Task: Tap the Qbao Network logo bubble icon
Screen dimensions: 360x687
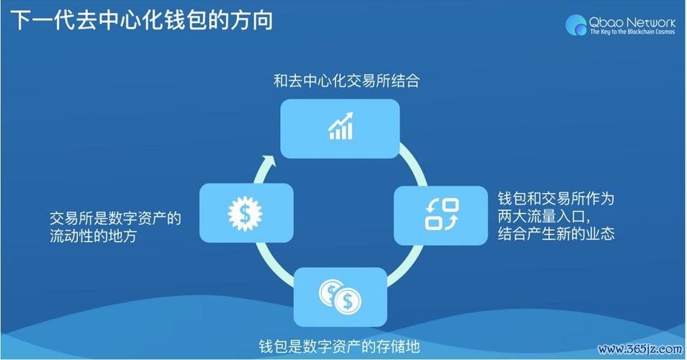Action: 576,25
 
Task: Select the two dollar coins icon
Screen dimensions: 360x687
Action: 340,295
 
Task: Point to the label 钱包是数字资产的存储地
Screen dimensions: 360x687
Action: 338,344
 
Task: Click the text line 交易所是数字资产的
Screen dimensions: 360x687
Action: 114,218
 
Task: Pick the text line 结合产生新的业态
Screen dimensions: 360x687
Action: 555,234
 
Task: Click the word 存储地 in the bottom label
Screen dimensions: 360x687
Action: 398,344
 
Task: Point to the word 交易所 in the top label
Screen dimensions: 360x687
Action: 354,81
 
